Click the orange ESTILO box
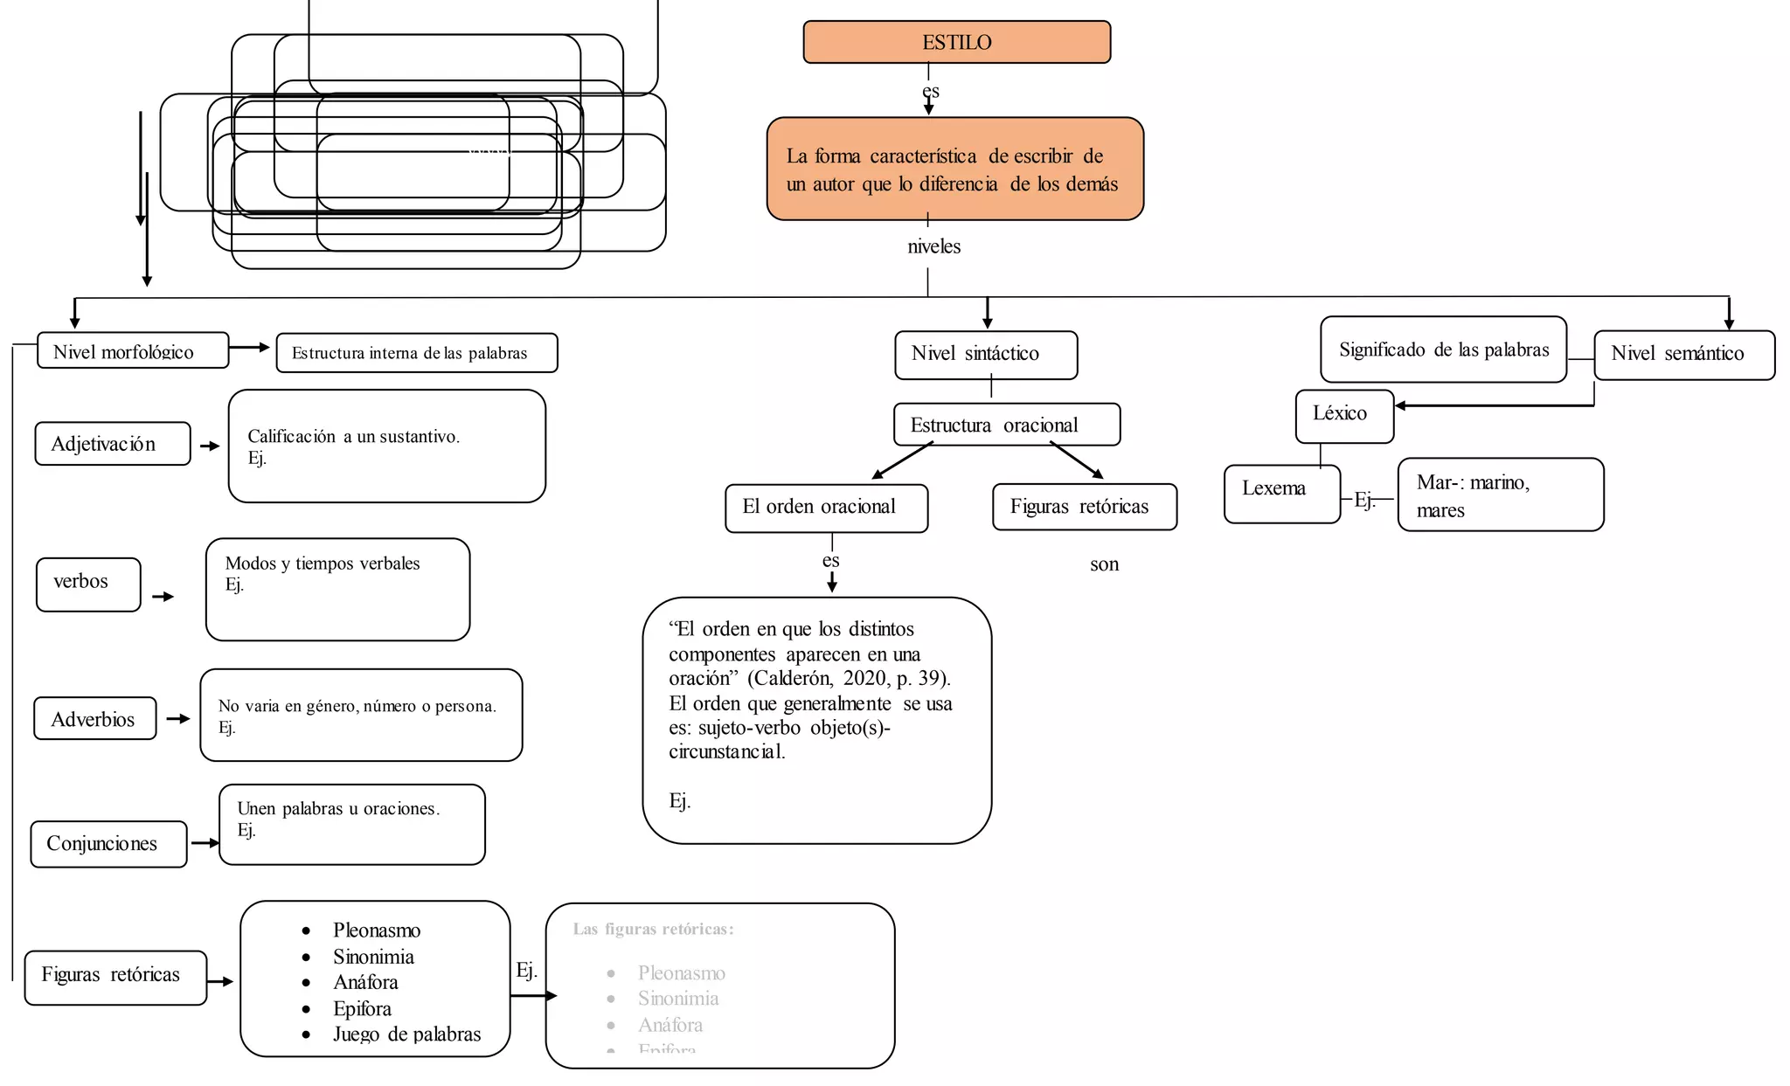[956, 42]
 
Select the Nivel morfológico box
[133, 350]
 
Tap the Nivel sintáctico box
[986, 355]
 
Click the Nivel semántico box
[1683, 355]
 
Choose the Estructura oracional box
[1006, 425]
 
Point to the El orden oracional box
[826, 508]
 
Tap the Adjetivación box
[112, 444]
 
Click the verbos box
[87, 584]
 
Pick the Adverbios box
[94, 718]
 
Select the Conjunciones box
[108, 844]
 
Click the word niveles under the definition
[933, 246]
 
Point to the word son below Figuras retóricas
[1104, 564]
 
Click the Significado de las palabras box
[1443, 349]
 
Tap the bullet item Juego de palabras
[406, 1034]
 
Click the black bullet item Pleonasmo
[376, 930]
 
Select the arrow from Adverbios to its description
[178, 718]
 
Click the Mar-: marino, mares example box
[1500, 495]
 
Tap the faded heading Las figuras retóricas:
[653, 929]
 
